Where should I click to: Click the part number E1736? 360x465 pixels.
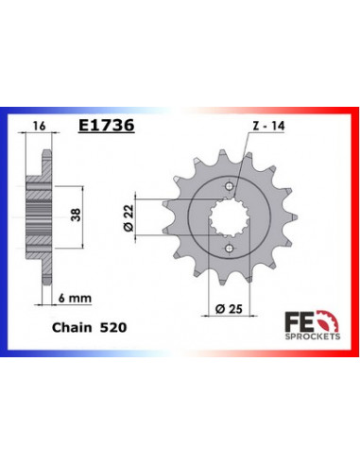(103, 124)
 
